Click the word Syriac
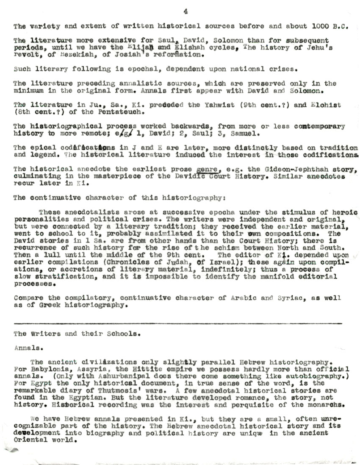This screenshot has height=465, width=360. pos(291,298)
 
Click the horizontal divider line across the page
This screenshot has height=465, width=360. pos(178,324)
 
